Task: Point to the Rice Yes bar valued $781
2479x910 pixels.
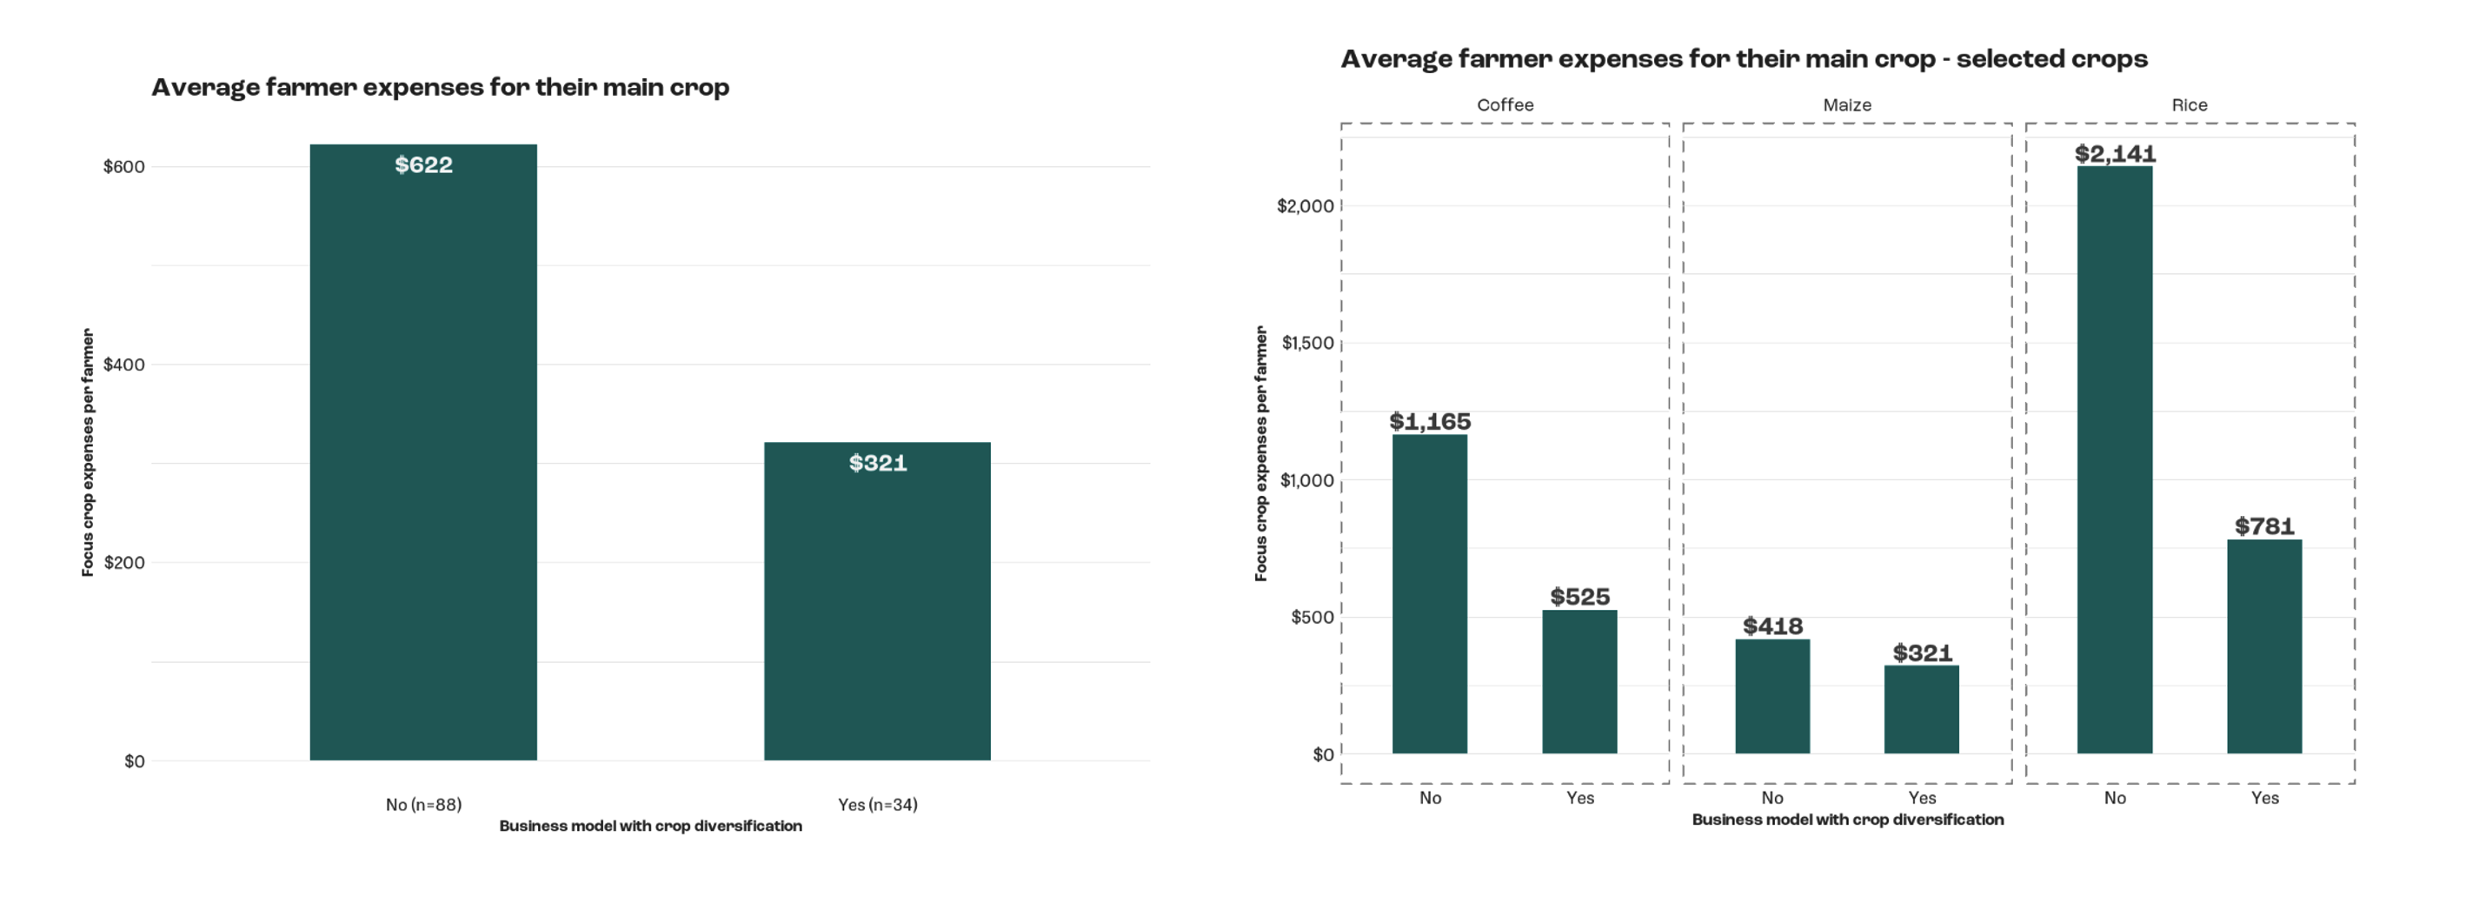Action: click(2263, 646)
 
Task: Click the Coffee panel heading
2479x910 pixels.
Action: click(1505, 105)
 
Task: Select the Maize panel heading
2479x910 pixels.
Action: click(1847, 105)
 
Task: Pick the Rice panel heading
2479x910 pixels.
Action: click(2189, 105)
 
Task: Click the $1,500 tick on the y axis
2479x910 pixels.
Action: click(1307, 344)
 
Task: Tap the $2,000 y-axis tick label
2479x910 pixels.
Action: click(1305, 206)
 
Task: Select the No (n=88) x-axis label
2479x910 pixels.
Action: click(423, 805)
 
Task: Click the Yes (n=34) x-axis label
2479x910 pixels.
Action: click(877, 805)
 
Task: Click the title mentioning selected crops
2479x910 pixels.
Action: click(1744, 60)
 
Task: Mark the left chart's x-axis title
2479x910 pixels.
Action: click(650, 826)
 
